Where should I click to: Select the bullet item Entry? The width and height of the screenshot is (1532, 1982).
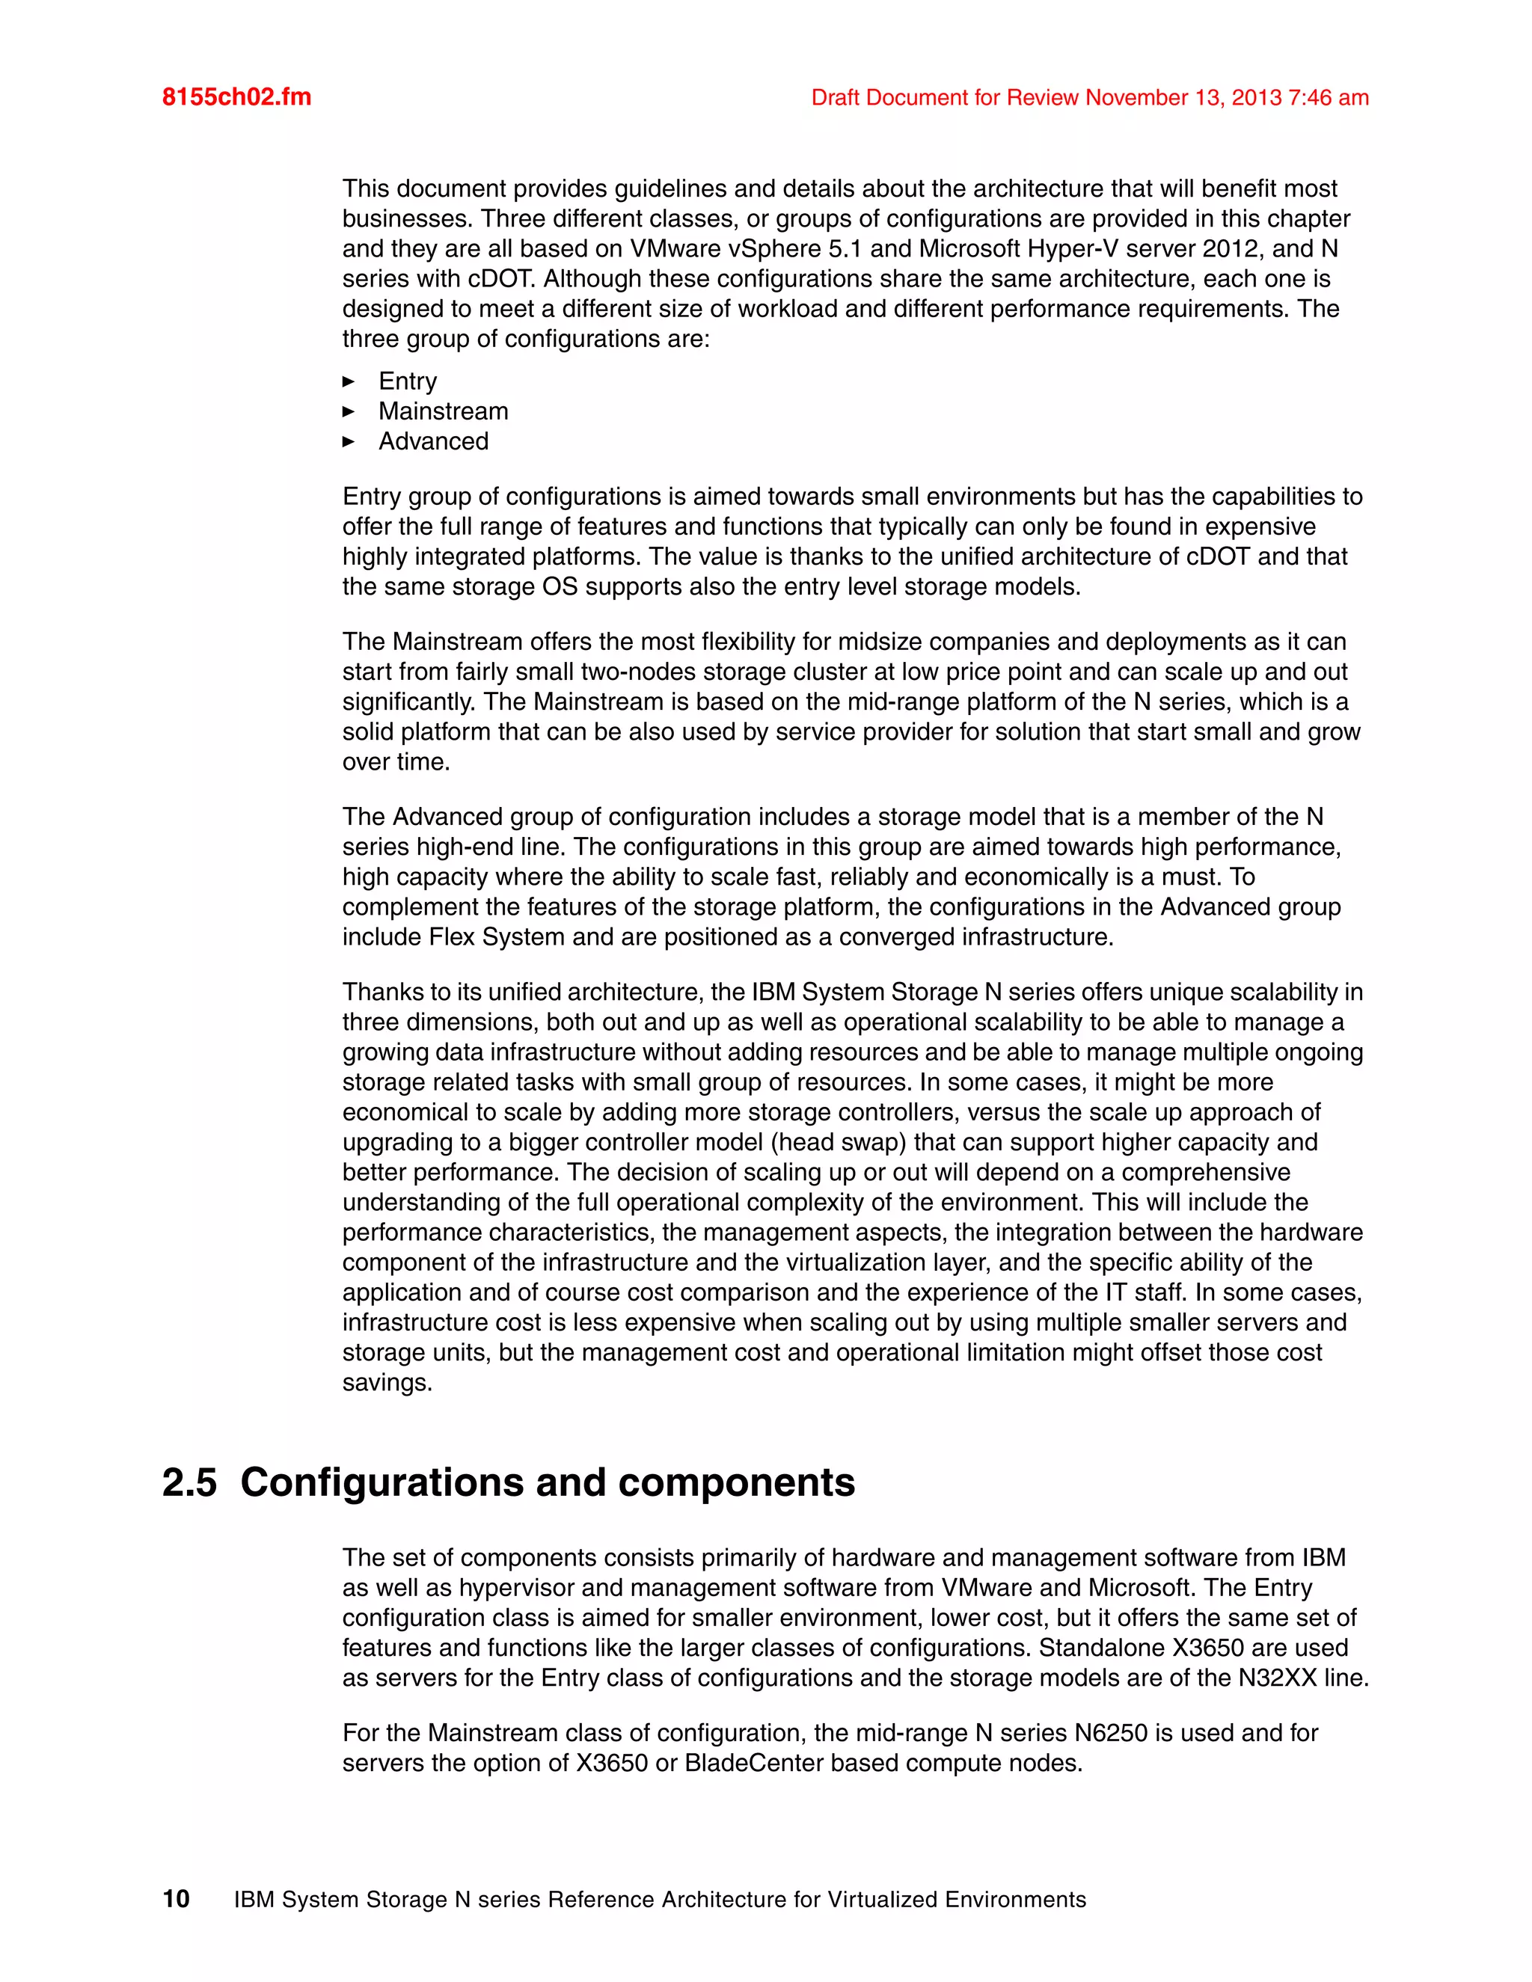coord(408,381)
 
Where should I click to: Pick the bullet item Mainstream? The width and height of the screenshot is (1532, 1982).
coord(443,411)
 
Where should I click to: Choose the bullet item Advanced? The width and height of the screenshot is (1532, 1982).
coord(433,441)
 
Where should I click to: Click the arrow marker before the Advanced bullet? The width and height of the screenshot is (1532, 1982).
coord(349,442)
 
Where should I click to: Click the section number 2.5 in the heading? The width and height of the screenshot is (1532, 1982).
coord(190,1483)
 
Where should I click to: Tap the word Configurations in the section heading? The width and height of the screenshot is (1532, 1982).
coord(382,1483)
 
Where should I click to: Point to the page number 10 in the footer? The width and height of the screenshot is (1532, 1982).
coord(176,1900)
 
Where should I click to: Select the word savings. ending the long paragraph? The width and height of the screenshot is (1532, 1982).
coord(387,1382)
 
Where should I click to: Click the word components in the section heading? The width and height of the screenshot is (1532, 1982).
coord(736,1483)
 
